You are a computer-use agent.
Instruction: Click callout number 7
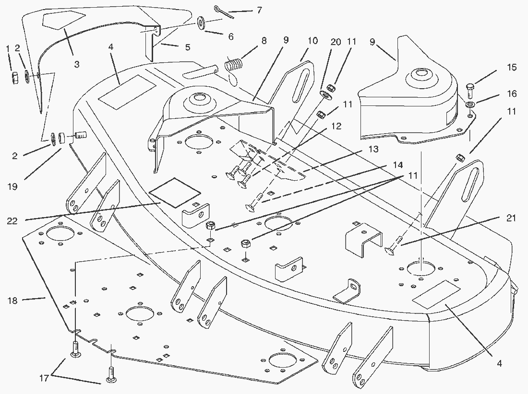259,10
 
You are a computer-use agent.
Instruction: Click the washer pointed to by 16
469,104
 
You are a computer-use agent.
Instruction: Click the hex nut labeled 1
14,77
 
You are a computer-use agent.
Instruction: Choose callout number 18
13,301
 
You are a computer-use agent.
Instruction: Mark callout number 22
13,220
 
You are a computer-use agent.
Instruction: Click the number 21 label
512,219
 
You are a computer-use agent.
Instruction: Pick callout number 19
13,186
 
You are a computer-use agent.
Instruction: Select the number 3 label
77,64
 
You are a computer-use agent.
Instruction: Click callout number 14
397,164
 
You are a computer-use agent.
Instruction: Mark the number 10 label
312,41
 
